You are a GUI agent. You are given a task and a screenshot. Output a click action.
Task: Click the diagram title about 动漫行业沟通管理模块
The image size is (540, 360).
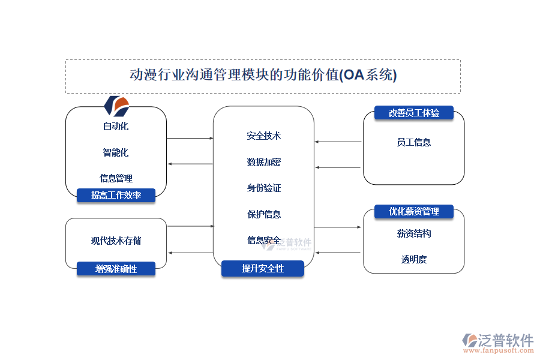tap(263, 76)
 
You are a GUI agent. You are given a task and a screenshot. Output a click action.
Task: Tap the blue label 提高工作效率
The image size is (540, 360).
tap(116, 195)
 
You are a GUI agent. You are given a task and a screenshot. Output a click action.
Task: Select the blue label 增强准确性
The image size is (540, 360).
tap(116, 269)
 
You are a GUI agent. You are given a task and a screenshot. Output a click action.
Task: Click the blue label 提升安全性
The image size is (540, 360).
tap(262, 269)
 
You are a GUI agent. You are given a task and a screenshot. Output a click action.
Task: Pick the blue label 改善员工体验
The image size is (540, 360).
tap(413, 113)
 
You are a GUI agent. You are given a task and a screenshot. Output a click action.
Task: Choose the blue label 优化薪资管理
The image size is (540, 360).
tap(413, 211)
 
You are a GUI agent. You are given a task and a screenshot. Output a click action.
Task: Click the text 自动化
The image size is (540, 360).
tap(115, 126)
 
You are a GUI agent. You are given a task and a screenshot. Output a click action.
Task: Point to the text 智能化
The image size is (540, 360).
tap(115, 152)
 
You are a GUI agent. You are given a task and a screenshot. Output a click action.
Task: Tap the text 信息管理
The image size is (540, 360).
tap(116, 178)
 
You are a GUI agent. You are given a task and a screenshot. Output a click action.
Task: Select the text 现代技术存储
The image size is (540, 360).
tap(116, 241)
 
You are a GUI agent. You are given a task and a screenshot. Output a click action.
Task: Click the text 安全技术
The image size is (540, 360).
tap(263, 136)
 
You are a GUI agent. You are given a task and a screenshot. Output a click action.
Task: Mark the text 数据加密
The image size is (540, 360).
tap(263, 162)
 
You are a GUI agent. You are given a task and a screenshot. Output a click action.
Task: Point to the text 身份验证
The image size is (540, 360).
tap(263, 188)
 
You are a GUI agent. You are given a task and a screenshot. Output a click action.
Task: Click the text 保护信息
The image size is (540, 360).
tap(263, 214)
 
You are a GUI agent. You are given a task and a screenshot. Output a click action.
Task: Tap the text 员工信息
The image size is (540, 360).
tap(413, 142)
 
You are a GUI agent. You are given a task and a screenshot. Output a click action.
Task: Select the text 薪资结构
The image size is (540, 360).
tap(413, 233)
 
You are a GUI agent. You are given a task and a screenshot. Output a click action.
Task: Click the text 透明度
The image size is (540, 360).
tap(413, 259)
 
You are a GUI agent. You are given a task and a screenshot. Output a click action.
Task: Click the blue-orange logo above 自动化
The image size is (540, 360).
tap(116, 106)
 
